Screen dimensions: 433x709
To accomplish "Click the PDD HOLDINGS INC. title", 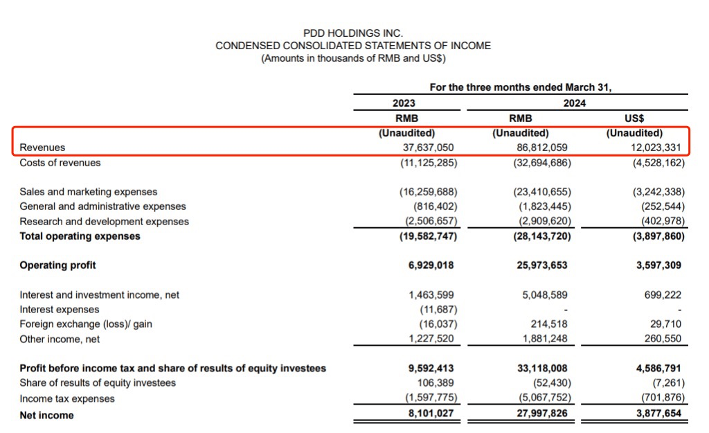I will pos(353,33).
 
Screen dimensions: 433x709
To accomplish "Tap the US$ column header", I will pos(634,118).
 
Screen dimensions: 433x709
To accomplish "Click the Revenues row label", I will pos(43,148).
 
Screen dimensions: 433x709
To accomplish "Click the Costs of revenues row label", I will pos(60,163).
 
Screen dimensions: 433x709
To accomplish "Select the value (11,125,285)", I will pos(429,163).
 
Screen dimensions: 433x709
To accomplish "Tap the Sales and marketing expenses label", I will pos(89,192).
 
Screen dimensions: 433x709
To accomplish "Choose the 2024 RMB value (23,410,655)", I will pos(542,192).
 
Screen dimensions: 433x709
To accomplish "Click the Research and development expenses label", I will pos(104,222).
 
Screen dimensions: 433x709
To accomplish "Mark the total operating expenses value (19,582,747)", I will pos(429,236).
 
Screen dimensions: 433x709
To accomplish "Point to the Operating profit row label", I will pos(58,265).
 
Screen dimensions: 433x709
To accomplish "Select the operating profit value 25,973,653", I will pos(542,265).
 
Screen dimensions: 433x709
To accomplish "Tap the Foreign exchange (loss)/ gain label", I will pos(86,324).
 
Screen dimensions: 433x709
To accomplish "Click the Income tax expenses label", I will pos(67,398).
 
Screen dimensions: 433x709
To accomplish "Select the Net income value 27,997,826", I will pos(542,415).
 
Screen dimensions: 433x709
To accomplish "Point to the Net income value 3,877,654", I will pos(658,415).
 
